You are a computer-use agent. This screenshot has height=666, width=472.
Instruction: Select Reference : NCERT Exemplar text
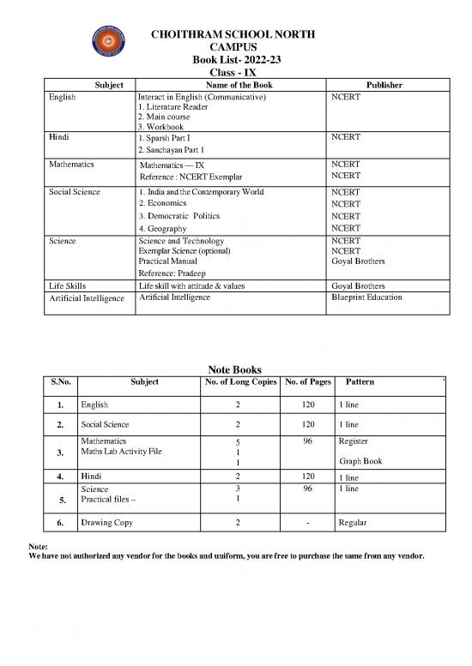(x=192, y=177)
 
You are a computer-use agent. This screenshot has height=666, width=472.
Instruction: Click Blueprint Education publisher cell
(x=366, y=297)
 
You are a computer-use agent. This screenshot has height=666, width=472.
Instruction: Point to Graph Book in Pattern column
(x=361, y=460)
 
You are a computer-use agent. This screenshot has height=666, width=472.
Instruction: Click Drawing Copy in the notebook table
(x=108, y=522)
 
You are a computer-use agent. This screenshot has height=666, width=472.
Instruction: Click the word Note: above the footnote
(x=39, y=544)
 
